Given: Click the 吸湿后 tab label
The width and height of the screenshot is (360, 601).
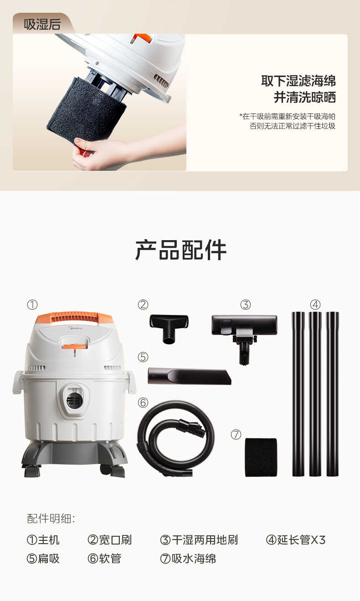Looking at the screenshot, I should pyautogui.click(x=42, y=24).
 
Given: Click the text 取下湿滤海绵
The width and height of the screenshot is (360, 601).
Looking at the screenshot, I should pyautogui.click(x=298, y=81).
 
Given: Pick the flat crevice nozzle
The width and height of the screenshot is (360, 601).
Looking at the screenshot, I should pyautogui.click(x=189, y=376).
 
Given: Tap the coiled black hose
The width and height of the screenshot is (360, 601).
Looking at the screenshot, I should pyautogui.click(x=175, y=437).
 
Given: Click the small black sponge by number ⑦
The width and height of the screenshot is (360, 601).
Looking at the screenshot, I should pyautogui.click(x=261, y=457).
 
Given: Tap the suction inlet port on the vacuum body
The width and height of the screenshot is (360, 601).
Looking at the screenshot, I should pyautogui.click(x=74, y=400).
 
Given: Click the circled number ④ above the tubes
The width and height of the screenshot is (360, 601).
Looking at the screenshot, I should pyautogui.click(x=315, y=304).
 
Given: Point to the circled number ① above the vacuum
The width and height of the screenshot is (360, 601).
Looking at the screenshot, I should pyautogui.click(x=32, y=304).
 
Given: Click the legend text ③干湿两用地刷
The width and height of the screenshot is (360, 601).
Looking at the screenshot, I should pyautogui.click(x=199, y=540).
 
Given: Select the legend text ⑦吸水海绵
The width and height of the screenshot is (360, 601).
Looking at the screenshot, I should pyautogui.click(x=188, y=558).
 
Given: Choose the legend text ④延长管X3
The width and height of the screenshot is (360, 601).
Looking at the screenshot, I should pyautogui.click(x=296, y=540).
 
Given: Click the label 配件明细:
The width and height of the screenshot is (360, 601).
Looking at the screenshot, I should pyautogui.click(x=51, y=518).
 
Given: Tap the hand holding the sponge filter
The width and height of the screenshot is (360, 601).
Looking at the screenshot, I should pyautogui.click(x=98, y=153).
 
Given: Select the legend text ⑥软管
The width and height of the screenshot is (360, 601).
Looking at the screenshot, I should pyautogui.click(x=104, y=558).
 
